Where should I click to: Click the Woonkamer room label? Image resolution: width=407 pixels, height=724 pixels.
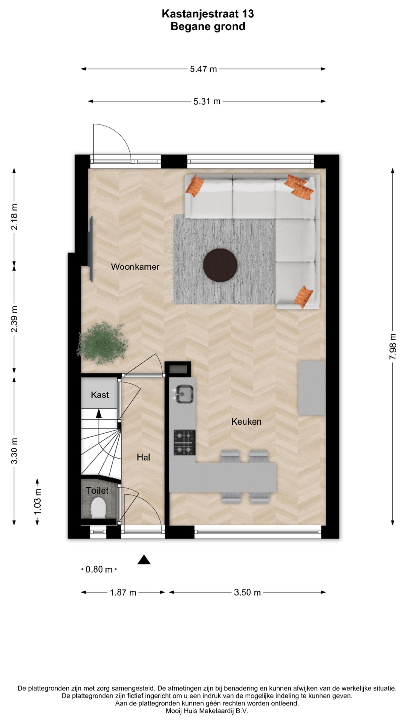click(x=135, y=267)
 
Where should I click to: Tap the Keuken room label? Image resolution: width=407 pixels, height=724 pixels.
click(x=246, y=422)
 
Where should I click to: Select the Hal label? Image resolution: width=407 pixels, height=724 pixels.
click(x=143, y=457)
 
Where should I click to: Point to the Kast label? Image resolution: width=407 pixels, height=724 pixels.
click(x=99, y=395)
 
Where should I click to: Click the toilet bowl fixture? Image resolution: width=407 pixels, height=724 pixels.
click(x=98, y=507)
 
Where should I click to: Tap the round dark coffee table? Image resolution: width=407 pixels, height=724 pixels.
click(x=220, y=265)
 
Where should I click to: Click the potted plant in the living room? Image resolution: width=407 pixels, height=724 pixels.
click(x=103, y=344)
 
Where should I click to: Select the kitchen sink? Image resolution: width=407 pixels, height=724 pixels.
click(x=184, y=394)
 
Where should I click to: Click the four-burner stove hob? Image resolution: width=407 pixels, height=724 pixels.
click(x=184, y=442)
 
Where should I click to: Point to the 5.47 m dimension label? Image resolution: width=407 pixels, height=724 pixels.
click(x=203, y=69)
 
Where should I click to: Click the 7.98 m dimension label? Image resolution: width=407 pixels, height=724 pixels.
click(x=393, y=346)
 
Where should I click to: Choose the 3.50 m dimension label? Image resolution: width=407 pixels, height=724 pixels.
click(x=247, y=592)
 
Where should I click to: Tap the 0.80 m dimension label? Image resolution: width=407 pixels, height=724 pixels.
click(x=99, y=569)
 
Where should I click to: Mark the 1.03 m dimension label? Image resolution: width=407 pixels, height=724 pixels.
click(x=37, y=501)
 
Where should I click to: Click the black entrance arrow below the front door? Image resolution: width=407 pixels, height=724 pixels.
click(x=144, y=560)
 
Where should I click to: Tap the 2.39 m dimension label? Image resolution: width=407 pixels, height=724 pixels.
click(x=14, y=319)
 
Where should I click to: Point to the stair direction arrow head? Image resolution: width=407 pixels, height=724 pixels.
click(x=99, y=414)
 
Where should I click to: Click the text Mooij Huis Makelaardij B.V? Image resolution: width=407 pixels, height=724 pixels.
click(x=207, y=711)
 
